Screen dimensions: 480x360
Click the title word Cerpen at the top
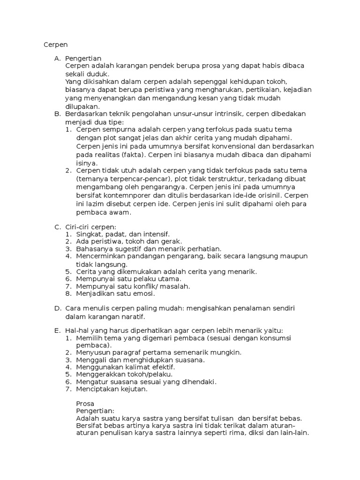pos(56,45)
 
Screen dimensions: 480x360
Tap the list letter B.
pos(57,113)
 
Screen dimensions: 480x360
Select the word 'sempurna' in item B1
pos(114,129)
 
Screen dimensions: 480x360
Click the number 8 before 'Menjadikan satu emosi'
pos(68,294)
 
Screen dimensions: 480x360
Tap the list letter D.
pos(57,308)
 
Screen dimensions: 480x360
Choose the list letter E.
pos(57,330)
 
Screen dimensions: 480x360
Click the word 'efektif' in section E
pos(162,367)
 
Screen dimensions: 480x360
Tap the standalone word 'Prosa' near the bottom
pos(85,404)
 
